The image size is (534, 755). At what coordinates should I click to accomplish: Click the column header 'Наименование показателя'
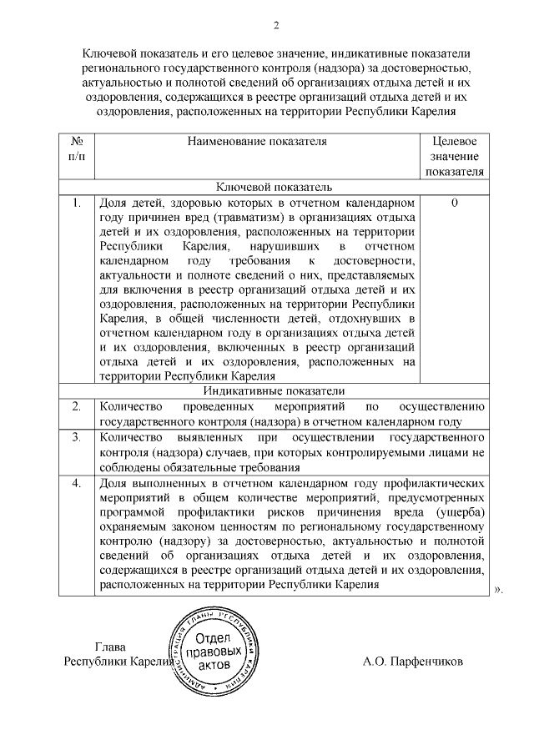(x=257, y=141)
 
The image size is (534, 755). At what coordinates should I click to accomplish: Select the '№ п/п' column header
(x=75, y=148)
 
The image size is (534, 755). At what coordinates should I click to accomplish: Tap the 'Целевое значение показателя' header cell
(x=455, y=156)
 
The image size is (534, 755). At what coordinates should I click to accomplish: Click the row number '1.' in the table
(x=75, y=203)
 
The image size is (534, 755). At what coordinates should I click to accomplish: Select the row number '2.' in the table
(x=75, y=406)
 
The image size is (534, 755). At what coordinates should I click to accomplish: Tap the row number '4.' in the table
(x=75, y=483)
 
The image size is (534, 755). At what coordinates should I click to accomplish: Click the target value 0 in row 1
(x=455, y=203)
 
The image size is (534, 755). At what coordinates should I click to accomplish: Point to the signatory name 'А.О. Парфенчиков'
(x=412, y=662)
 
